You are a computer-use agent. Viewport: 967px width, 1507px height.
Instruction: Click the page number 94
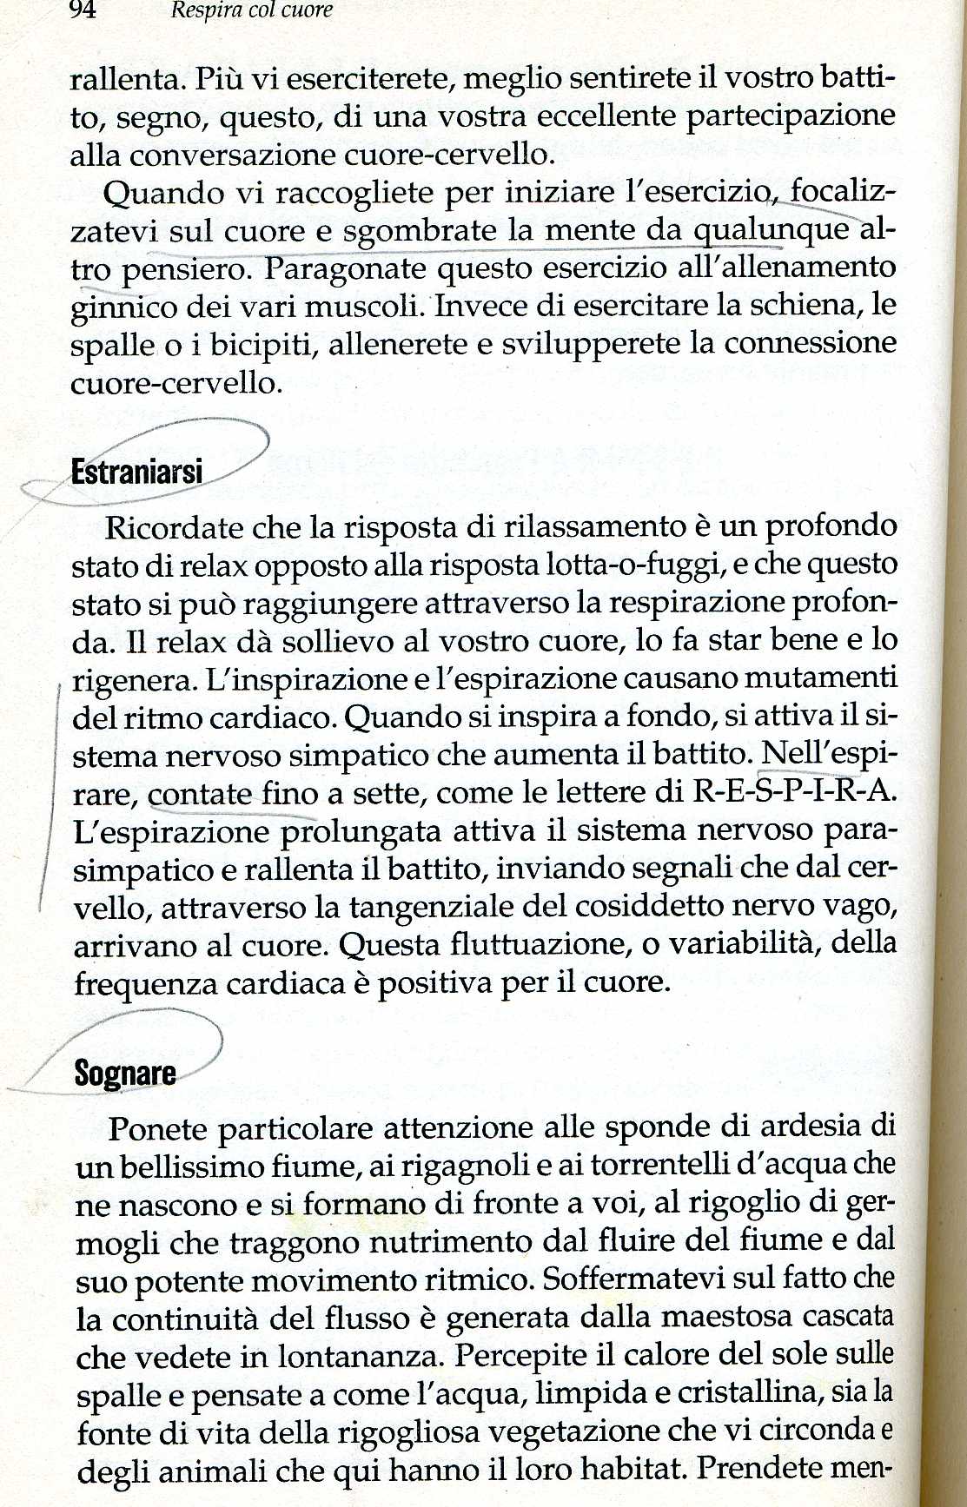point(82,10)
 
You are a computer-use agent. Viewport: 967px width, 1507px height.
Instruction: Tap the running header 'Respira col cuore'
point(251,10)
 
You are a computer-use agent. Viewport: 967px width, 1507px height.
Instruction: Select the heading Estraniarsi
point(136,472)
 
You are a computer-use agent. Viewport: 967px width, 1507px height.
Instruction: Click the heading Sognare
point(125,1074)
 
